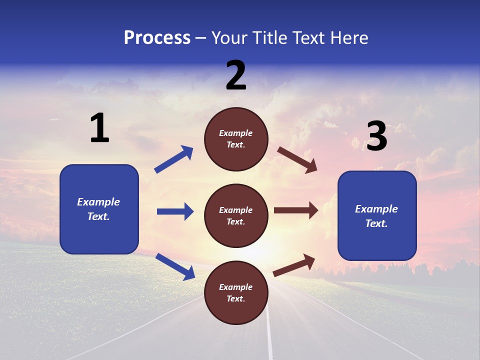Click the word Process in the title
point(157,38)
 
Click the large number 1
point(99,128)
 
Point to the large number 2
point(236,75)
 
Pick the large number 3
point(376,137)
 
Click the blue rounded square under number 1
point(99,209)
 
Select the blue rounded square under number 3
point(377,215)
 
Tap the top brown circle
point(236,139)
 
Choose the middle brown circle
point(236,215)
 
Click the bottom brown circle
point(236,292)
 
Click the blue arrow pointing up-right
point(174,159)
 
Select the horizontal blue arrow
point(175,211)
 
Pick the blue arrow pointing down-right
point(175,266)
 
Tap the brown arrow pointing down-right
point(297,160)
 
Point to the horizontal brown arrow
point(296,210)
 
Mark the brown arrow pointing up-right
point(294,265)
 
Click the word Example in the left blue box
point(98,202)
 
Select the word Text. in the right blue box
point(376,223)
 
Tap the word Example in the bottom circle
point(236,287)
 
